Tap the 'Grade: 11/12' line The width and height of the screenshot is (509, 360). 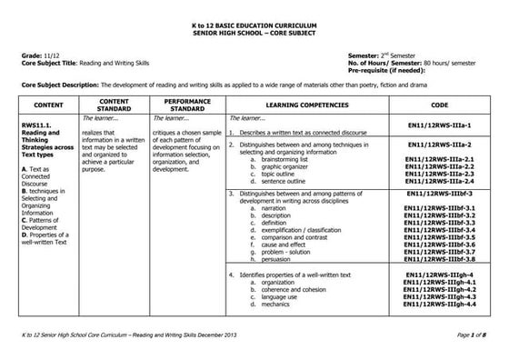coord(38,55)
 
